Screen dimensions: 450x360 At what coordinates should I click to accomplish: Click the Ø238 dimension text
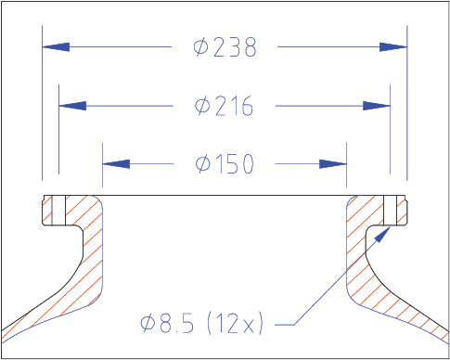(x=225, y=47)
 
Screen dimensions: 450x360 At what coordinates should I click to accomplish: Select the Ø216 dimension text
(x=224, y=106)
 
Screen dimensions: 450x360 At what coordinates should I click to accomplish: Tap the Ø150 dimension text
(x=225, y=164)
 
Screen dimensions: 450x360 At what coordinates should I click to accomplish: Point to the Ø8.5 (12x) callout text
(x=201, y=324)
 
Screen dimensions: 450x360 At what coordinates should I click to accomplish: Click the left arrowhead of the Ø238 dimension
(x=56, y=47)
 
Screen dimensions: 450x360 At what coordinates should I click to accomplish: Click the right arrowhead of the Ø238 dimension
(x=393, y=47)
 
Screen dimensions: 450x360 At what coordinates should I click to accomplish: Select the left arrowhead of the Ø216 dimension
(x=72, y=106)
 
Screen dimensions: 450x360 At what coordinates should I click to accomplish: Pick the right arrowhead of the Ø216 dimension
(x=377, y=106)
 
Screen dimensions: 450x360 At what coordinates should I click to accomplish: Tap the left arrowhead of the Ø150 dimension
(x=116, y=164)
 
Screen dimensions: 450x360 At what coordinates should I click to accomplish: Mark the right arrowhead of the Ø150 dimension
(x=333, y=164)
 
